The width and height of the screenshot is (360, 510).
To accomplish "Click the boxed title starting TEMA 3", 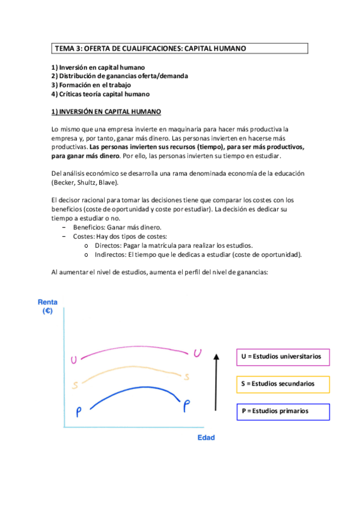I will tap(179, 48).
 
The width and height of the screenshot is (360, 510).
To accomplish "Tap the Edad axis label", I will tap(206, 437).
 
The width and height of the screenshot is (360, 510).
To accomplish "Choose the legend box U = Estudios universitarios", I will tap(282, 357).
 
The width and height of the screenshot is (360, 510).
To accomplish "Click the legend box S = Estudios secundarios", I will tap(282, 384).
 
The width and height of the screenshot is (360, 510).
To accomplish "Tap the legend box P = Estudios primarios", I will tap(282, 411).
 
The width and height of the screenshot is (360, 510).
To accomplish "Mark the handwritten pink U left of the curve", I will tap(74, 360).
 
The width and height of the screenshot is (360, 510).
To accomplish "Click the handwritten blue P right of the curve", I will tap(186, 406).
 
